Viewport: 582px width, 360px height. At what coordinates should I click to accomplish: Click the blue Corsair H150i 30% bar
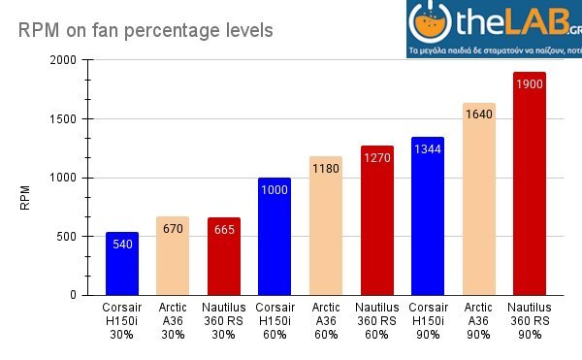pos(122,264)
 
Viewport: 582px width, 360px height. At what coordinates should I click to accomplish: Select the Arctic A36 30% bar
pos(173,256)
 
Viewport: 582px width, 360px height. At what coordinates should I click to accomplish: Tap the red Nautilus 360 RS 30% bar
pos(224,256)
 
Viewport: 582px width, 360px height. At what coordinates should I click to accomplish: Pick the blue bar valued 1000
pos(275,237)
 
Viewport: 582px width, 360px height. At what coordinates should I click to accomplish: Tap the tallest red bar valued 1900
pos(530,183)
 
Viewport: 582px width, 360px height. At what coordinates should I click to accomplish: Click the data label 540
pos(122,244)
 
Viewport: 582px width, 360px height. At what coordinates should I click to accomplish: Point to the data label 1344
pos(428,148)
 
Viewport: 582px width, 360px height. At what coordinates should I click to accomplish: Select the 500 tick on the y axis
pos(66,237)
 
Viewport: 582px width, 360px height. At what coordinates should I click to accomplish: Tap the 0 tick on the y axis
pos(73,295)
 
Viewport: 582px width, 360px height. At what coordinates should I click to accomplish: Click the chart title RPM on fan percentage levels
pos(145,30)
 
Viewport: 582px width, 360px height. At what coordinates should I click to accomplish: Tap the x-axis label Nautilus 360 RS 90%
pos(530,320)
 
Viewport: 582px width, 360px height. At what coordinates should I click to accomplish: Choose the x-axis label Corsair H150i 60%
pos(275,320)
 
